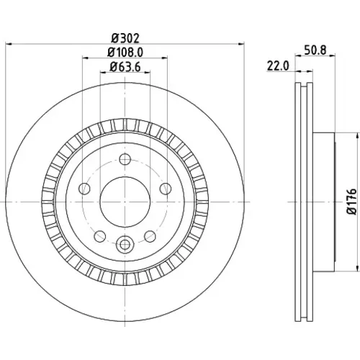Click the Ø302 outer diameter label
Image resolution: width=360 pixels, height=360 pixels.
point(125,38)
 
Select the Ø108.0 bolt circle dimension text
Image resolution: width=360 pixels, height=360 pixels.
point(125,53)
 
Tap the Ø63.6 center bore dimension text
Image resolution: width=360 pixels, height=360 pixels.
point(125,67)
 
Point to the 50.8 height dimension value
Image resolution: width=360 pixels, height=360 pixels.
point(315,50)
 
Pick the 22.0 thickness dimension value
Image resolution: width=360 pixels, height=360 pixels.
point(278,66)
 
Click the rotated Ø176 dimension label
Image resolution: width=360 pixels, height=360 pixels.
point(352,202)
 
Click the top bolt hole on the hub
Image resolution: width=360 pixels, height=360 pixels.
point(125,159)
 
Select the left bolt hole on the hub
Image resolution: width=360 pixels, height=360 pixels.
point(84,189)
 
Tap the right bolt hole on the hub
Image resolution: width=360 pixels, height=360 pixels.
point(166,189)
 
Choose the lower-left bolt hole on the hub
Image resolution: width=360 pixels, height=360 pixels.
point(100,236)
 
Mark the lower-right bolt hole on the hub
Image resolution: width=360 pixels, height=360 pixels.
point(150,236)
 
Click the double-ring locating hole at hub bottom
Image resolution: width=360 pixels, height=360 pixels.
point(125,245)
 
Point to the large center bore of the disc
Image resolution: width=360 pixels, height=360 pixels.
point(125,202)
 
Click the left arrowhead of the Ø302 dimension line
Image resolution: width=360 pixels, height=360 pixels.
point(8,44)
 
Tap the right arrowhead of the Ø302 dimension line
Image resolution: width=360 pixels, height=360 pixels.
point(241,44)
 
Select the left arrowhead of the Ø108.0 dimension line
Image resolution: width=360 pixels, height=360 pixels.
point(86,58)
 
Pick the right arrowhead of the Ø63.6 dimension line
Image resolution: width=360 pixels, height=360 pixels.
point(148,72)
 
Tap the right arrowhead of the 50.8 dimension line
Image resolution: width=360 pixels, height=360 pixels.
point(332,56)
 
